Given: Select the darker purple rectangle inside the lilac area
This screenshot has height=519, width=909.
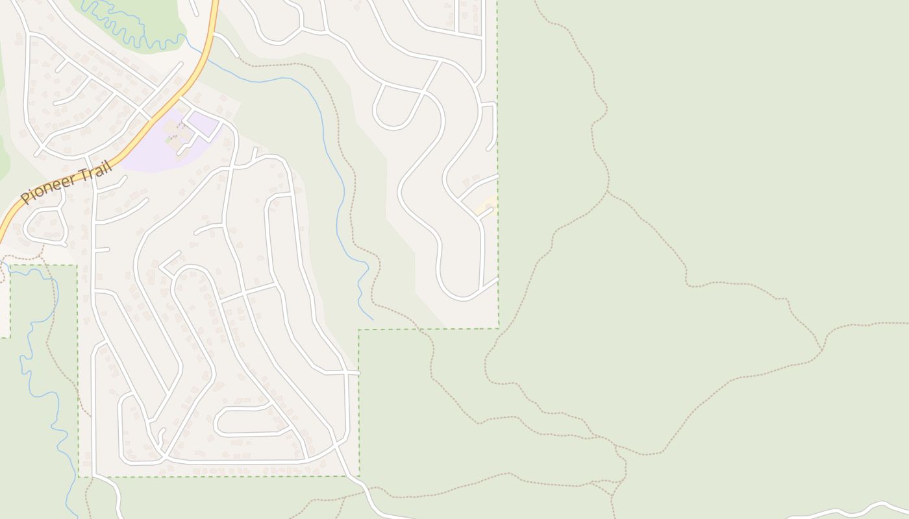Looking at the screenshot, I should coord(203,123).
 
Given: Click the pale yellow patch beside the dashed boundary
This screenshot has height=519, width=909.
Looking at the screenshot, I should coord(485,206).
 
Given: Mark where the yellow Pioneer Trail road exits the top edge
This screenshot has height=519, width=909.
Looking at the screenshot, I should coord(216,3).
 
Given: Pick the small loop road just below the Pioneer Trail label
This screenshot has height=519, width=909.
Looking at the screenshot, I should coord(45,226).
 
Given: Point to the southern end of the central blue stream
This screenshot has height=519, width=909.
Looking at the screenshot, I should coord(372,319).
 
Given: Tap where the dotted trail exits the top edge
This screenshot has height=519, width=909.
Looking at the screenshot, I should coord(536,3).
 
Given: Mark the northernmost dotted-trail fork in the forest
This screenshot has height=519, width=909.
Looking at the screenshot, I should coord(608,192).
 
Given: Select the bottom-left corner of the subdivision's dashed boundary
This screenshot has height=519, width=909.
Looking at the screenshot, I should coord(79,477).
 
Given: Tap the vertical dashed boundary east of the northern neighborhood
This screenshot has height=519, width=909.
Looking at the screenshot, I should coord(498,162).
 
